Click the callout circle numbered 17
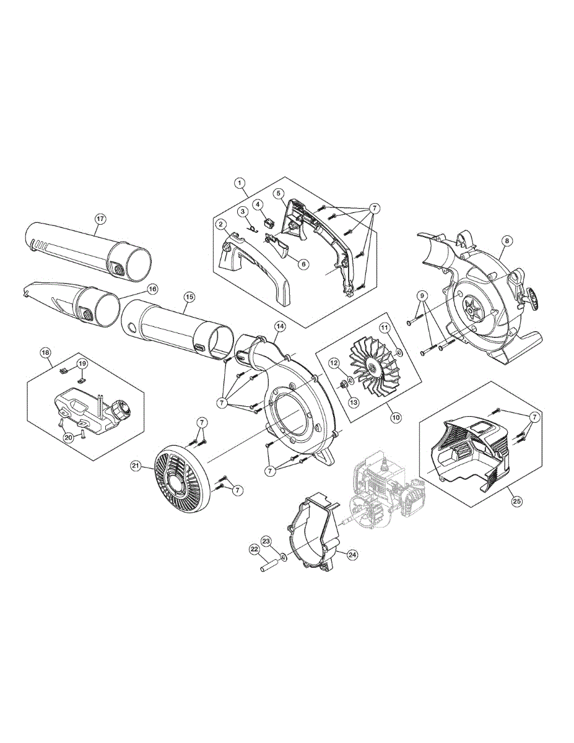pos(100,219)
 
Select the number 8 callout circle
pos(507,241)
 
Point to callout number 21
pos(136,467)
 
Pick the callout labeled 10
pos(396,417)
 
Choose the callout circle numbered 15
pos(189,297)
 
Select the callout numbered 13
pos(354,402)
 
